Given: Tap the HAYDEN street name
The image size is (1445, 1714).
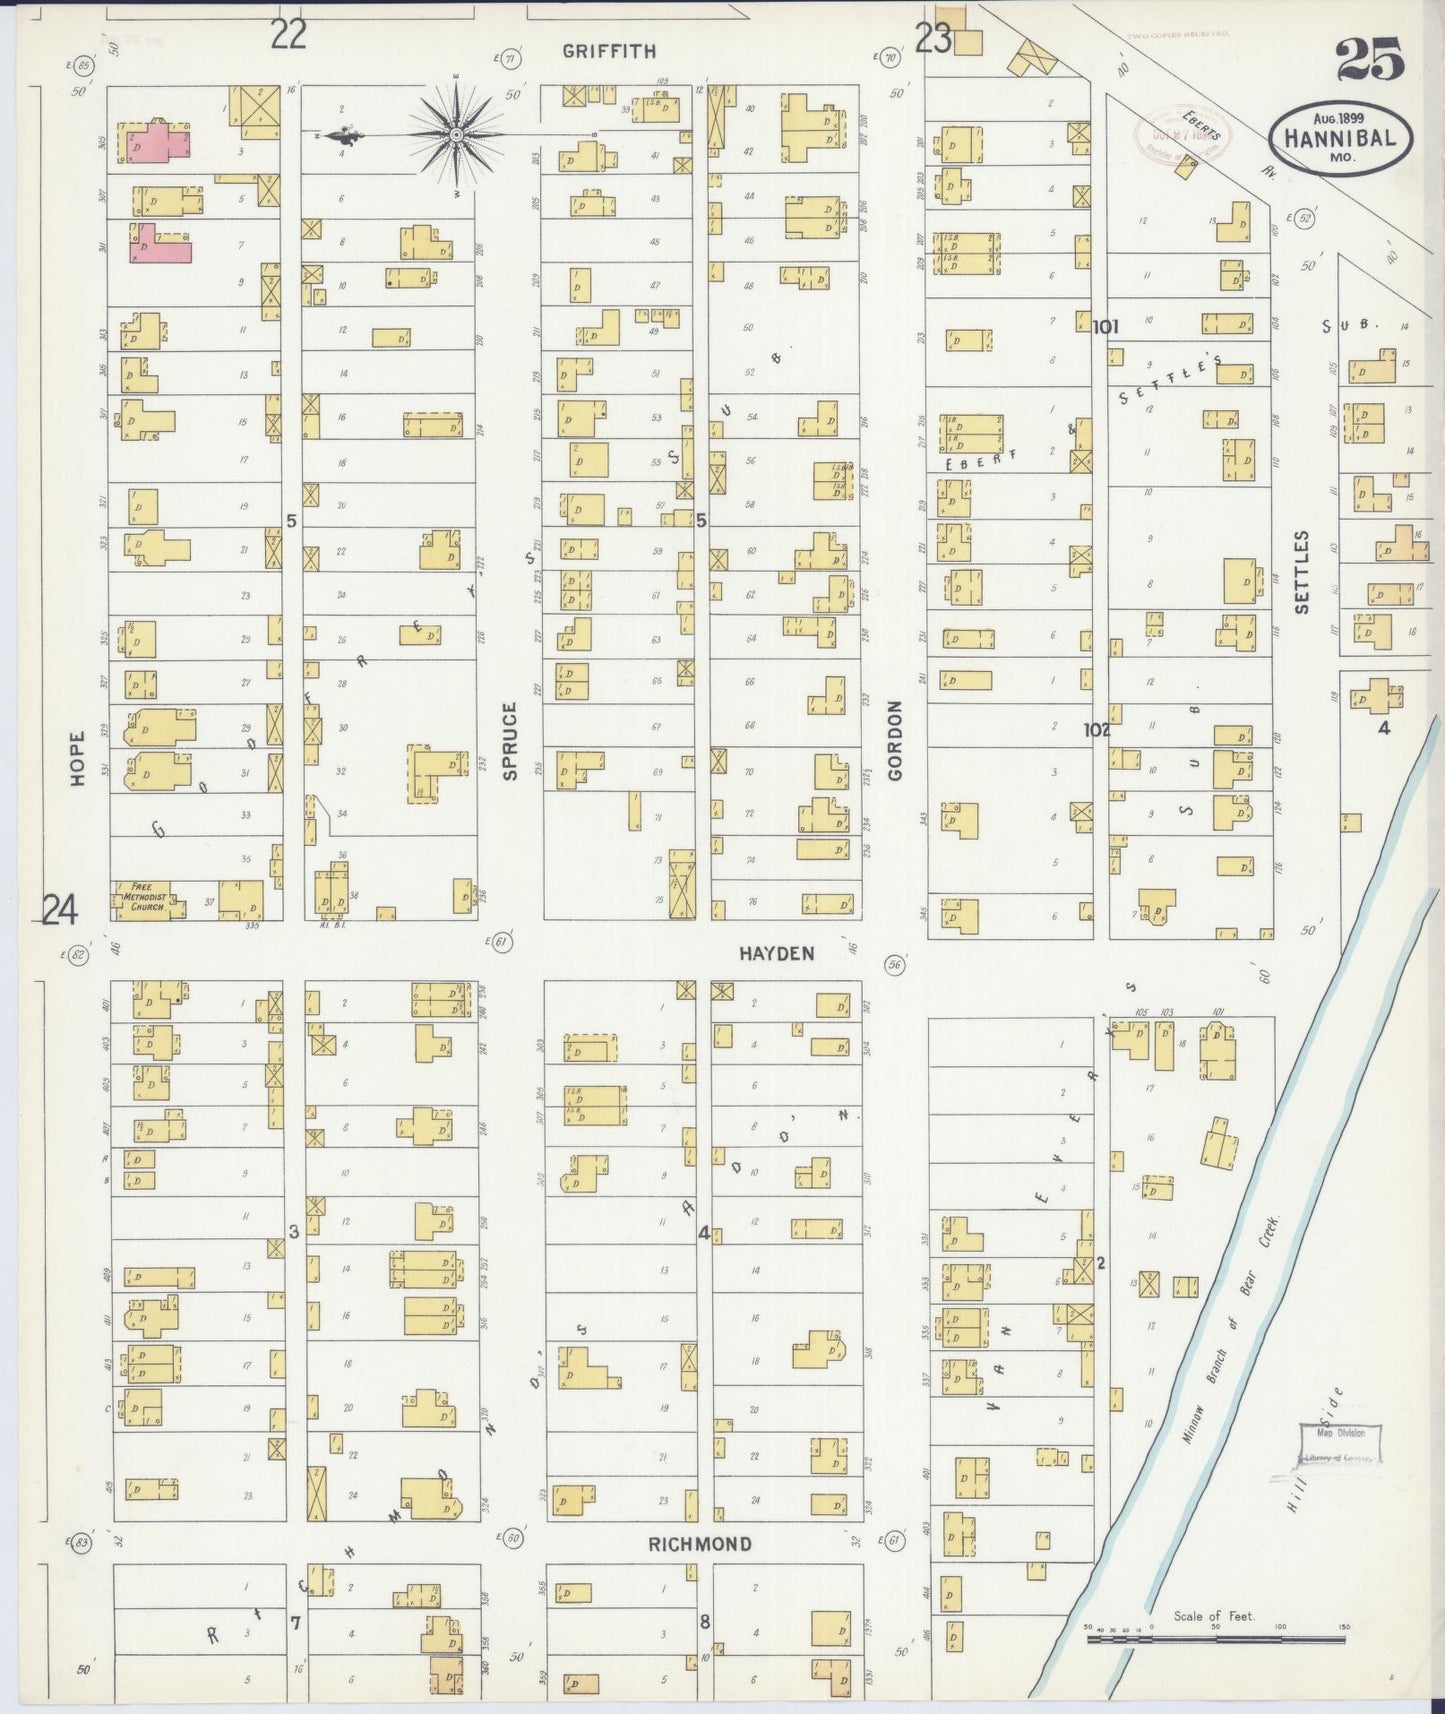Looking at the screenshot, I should (x=776, y=953).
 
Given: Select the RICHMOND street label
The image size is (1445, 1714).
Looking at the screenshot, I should (x=700, y=1543).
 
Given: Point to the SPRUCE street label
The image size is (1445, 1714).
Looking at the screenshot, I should (x=510, y=740).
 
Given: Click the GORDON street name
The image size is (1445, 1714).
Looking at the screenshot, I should (x=895, y=740).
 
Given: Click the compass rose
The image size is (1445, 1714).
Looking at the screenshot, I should (x=456, y=133).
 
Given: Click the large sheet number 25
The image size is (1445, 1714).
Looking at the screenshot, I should (x=1370, y=59).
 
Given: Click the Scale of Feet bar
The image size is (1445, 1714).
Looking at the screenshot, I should (x=1214, y=1638).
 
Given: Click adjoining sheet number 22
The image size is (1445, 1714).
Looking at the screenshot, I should (x=288, y=36).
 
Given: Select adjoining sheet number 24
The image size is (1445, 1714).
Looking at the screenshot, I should (x=60, y=910).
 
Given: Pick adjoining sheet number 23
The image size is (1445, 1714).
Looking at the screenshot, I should (x=933, y=38).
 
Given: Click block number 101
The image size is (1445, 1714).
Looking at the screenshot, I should (x=1105, y=326).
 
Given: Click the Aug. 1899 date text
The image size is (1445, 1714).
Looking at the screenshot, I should (x=1340, y=116).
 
